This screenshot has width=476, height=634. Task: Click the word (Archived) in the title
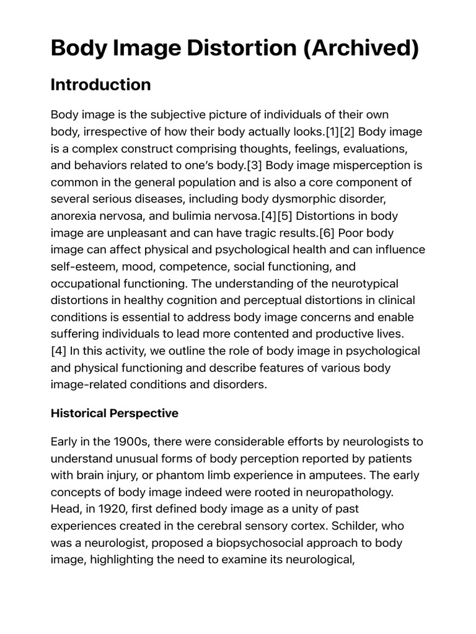pyautogui.click(x=361, y=48)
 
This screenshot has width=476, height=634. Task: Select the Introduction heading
pyautogui.click(x=100, y=85)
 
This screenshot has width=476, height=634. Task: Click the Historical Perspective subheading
pyautogui.click(x=114, y=413)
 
